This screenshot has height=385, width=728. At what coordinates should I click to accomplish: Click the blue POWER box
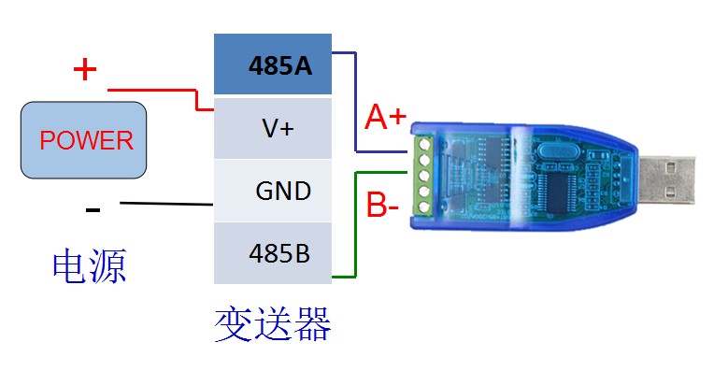pos(86,141)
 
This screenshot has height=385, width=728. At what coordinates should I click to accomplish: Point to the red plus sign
pos(85,68)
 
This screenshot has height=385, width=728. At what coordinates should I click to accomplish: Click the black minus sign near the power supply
pos(93,209)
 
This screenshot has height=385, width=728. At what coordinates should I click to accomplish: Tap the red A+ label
pos(386,118)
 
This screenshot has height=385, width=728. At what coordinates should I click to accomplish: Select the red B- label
pos(384,205)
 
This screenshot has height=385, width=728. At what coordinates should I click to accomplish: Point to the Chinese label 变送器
pos(273,326)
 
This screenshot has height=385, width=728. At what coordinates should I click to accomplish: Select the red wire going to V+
pos(159,91)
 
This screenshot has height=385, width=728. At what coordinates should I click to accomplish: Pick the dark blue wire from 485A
pos(356,103)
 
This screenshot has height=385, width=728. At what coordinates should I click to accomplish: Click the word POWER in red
pos(86,141)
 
